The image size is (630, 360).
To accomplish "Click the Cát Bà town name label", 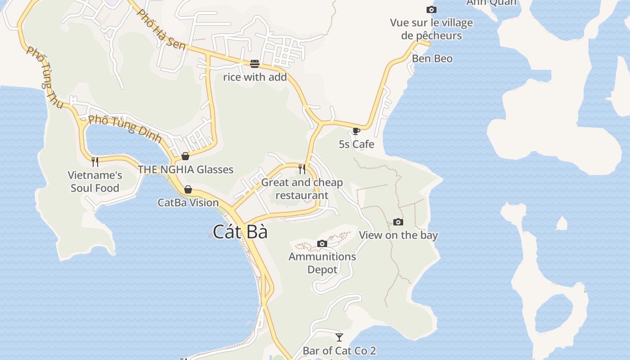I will click(x=240, y=232).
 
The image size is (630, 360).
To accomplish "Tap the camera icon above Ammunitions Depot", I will click(x=322, y=244).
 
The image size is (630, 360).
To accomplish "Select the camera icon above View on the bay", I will click(x=398, y=222).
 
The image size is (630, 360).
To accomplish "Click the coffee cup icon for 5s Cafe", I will click(x=356, y=131).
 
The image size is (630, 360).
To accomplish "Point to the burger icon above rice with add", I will click(x=255, y=64).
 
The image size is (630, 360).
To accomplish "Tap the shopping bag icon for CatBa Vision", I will click(x=188, y=189).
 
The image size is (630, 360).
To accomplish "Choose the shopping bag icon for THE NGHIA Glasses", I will click(x=185, y=156).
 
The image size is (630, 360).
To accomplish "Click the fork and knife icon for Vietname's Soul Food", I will click(x=95, y=162).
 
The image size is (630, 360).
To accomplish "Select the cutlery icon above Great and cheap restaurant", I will click(x=302, y=169).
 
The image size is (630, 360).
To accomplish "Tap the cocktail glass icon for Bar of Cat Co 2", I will click(x=339, y=337).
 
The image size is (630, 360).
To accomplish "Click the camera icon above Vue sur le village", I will click(x=431, y=9).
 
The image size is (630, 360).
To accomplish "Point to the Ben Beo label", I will click(x=432, y=58).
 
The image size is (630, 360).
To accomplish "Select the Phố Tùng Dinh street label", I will click(x=125, y=128).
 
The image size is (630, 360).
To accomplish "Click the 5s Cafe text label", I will click(x=356, y=144).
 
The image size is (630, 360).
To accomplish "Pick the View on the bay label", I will click(x=398, y=235).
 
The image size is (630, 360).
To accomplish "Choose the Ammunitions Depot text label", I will click(x=322, y=263).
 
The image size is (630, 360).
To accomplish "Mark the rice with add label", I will click(x=255, y=77).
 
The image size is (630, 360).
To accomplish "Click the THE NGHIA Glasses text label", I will click(x=185, y=170).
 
